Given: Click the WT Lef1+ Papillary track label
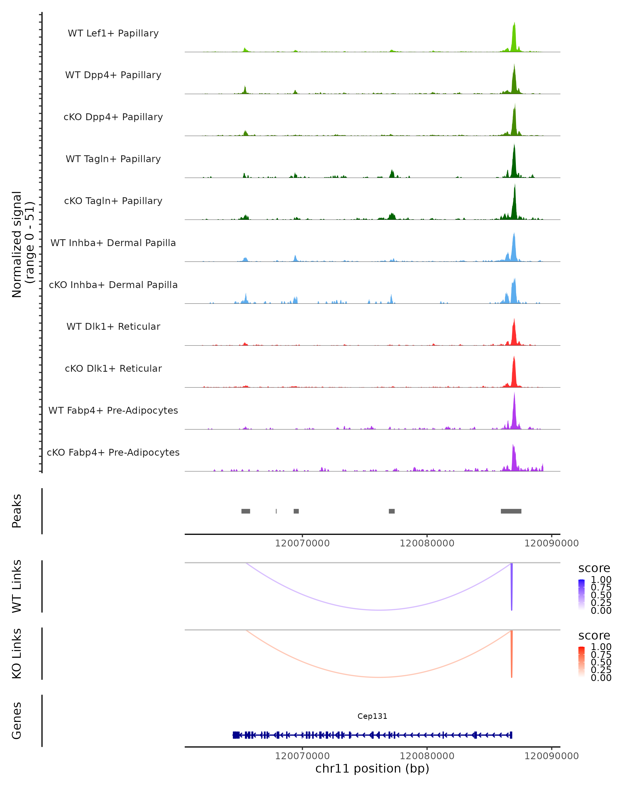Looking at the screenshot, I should (113, 33).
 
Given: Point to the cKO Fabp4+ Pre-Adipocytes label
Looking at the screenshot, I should (113, 452).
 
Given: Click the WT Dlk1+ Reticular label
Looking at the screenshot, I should (113, 327).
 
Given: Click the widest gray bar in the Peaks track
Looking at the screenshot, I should (511, 511).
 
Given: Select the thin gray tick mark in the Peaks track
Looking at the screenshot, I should (276, 511).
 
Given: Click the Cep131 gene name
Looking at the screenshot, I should (372, 716).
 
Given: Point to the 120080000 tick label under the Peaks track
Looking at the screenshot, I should (427, 543).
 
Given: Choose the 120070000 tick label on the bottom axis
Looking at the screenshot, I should (302, 756).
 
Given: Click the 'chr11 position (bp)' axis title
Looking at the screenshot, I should (372, 769).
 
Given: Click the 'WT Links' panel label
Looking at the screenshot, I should (17, 586).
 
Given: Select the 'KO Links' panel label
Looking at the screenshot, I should (17, 653).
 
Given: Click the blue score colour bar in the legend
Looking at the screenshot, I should (581, 595).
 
